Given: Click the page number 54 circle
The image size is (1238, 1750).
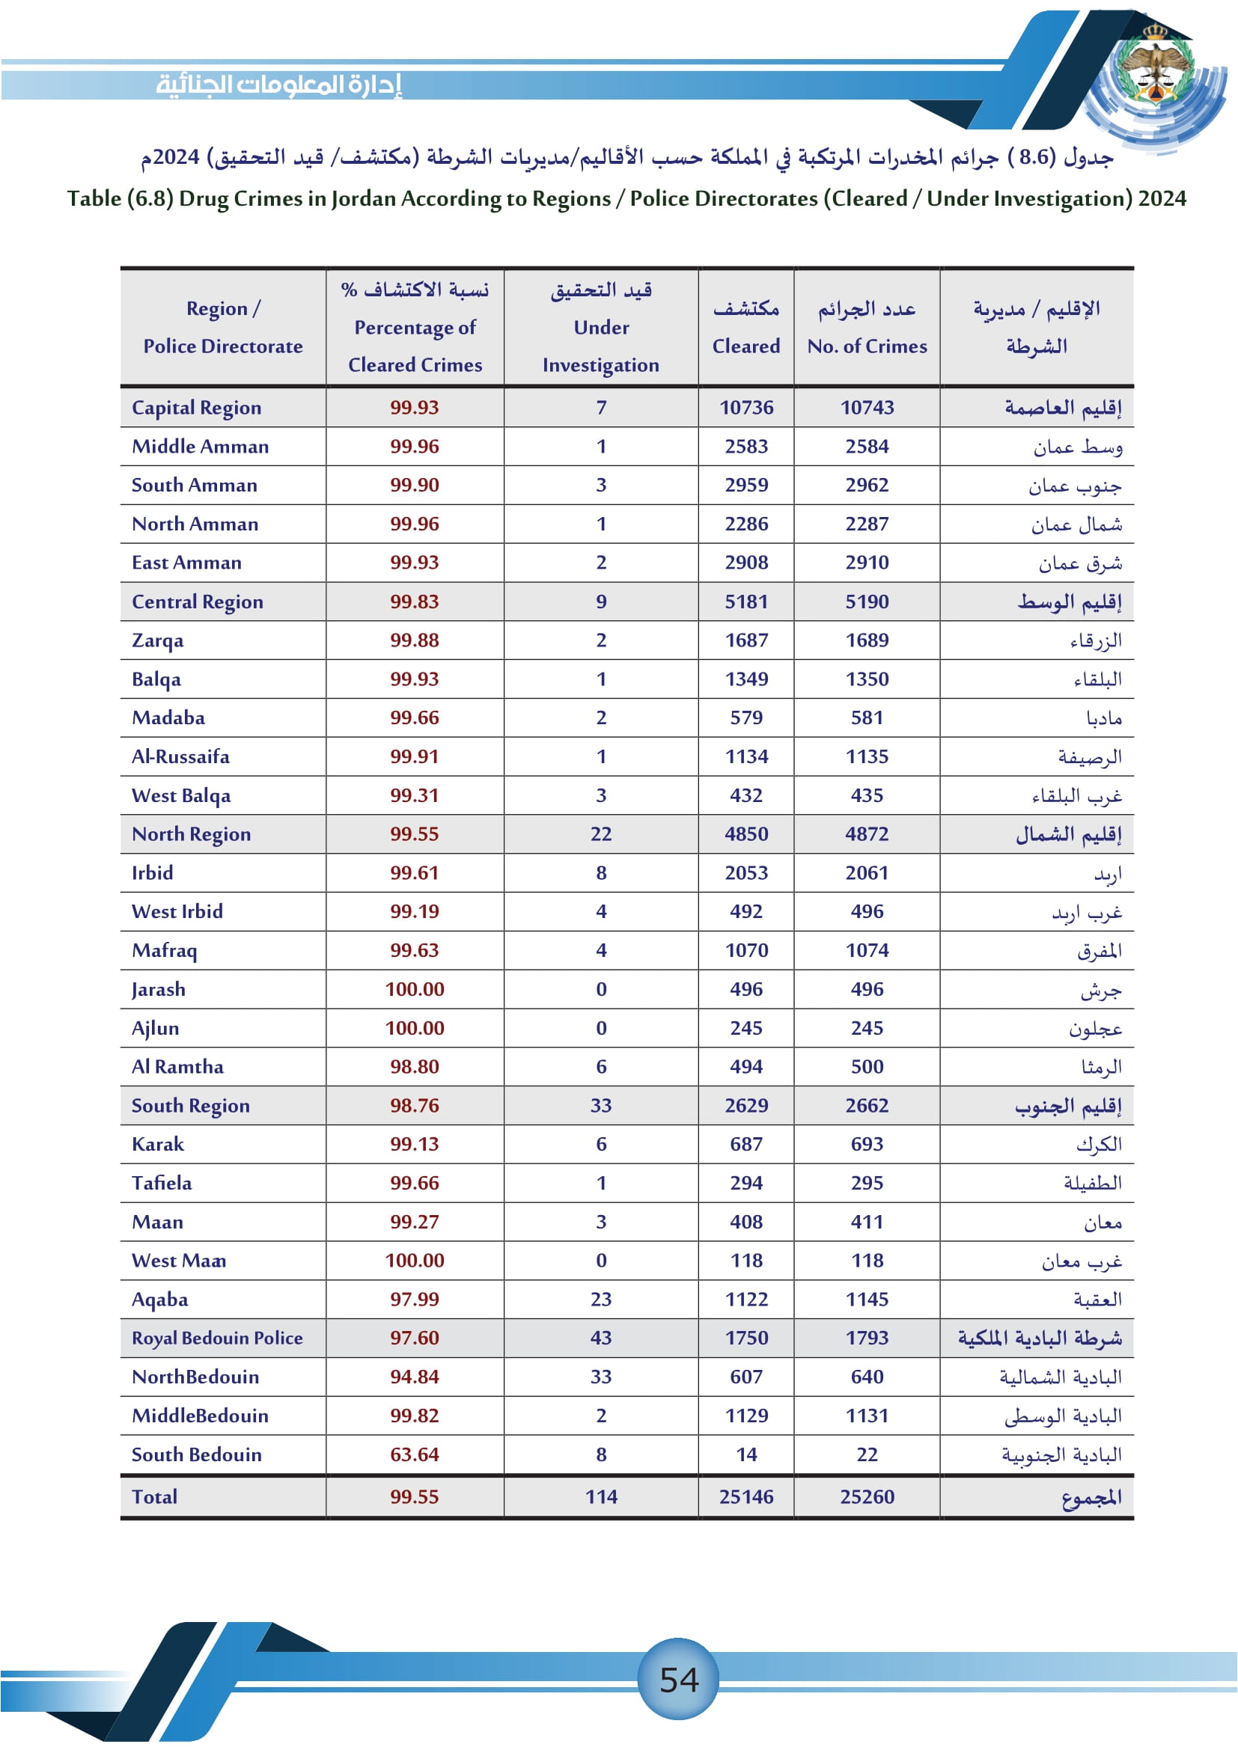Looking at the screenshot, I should (677, 1679).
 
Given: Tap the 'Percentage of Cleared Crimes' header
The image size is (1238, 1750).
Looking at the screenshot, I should (415, 328).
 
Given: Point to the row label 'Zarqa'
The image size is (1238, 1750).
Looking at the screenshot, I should (158, 640).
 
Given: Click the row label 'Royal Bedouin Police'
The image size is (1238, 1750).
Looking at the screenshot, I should (217, 1338).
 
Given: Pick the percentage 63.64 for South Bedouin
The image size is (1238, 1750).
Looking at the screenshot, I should (415, 1454).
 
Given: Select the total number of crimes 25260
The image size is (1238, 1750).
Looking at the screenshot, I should (867, 1496).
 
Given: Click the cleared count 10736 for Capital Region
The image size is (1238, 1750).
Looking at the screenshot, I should (746, 408).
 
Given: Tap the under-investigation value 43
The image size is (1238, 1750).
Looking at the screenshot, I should (601, 1338).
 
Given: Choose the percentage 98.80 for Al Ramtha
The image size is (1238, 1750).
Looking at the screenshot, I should (415, 1066).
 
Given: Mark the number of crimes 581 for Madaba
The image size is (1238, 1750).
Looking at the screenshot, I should (867, 718).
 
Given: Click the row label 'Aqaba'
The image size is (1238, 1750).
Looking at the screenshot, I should (160, 1299).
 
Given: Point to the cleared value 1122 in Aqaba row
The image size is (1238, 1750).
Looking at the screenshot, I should (746, 1299).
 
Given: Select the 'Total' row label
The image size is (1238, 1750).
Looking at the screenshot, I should (155, 1496).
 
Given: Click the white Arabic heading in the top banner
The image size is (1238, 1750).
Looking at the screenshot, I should (278, 84).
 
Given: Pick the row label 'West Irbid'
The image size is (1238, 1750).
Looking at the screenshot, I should (177, 911).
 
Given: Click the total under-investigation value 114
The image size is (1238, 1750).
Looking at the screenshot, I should (601, 1496).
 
